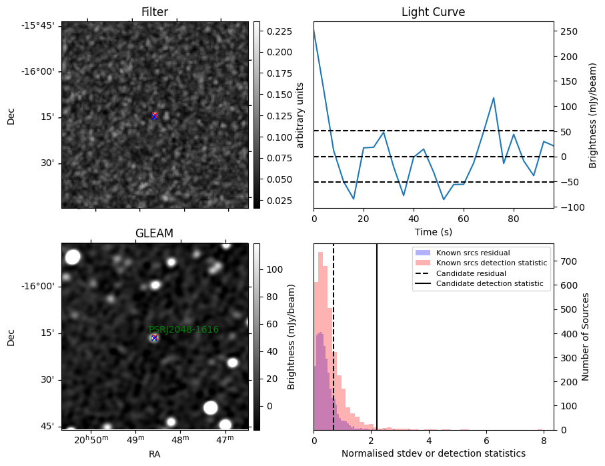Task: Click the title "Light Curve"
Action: [434, 12]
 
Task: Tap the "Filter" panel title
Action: [155, 12]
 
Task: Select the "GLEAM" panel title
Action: [154, 233]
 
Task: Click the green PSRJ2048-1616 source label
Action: [183, 329]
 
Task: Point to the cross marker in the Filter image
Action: [154, 116]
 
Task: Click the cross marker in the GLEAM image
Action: [154, 338]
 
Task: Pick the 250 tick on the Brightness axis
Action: [569, 31]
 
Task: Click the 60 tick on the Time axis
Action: [464, 219]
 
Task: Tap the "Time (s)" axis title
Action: [434, 232]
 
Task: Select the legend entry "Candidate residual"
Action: [471, 273]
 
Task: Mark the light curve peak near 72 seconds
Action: [494, 98]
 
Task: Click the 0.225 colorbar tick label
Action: [279, 31]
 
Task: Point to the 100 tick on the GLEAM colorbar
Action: [275, 269]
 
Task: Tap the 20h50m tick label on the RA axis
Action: [91, 439]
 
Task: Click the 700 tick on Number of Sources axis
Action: [569, 261]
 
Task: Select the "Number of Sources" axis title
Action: [585, 337]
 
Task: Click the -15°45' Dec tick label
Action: [41, 26]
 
